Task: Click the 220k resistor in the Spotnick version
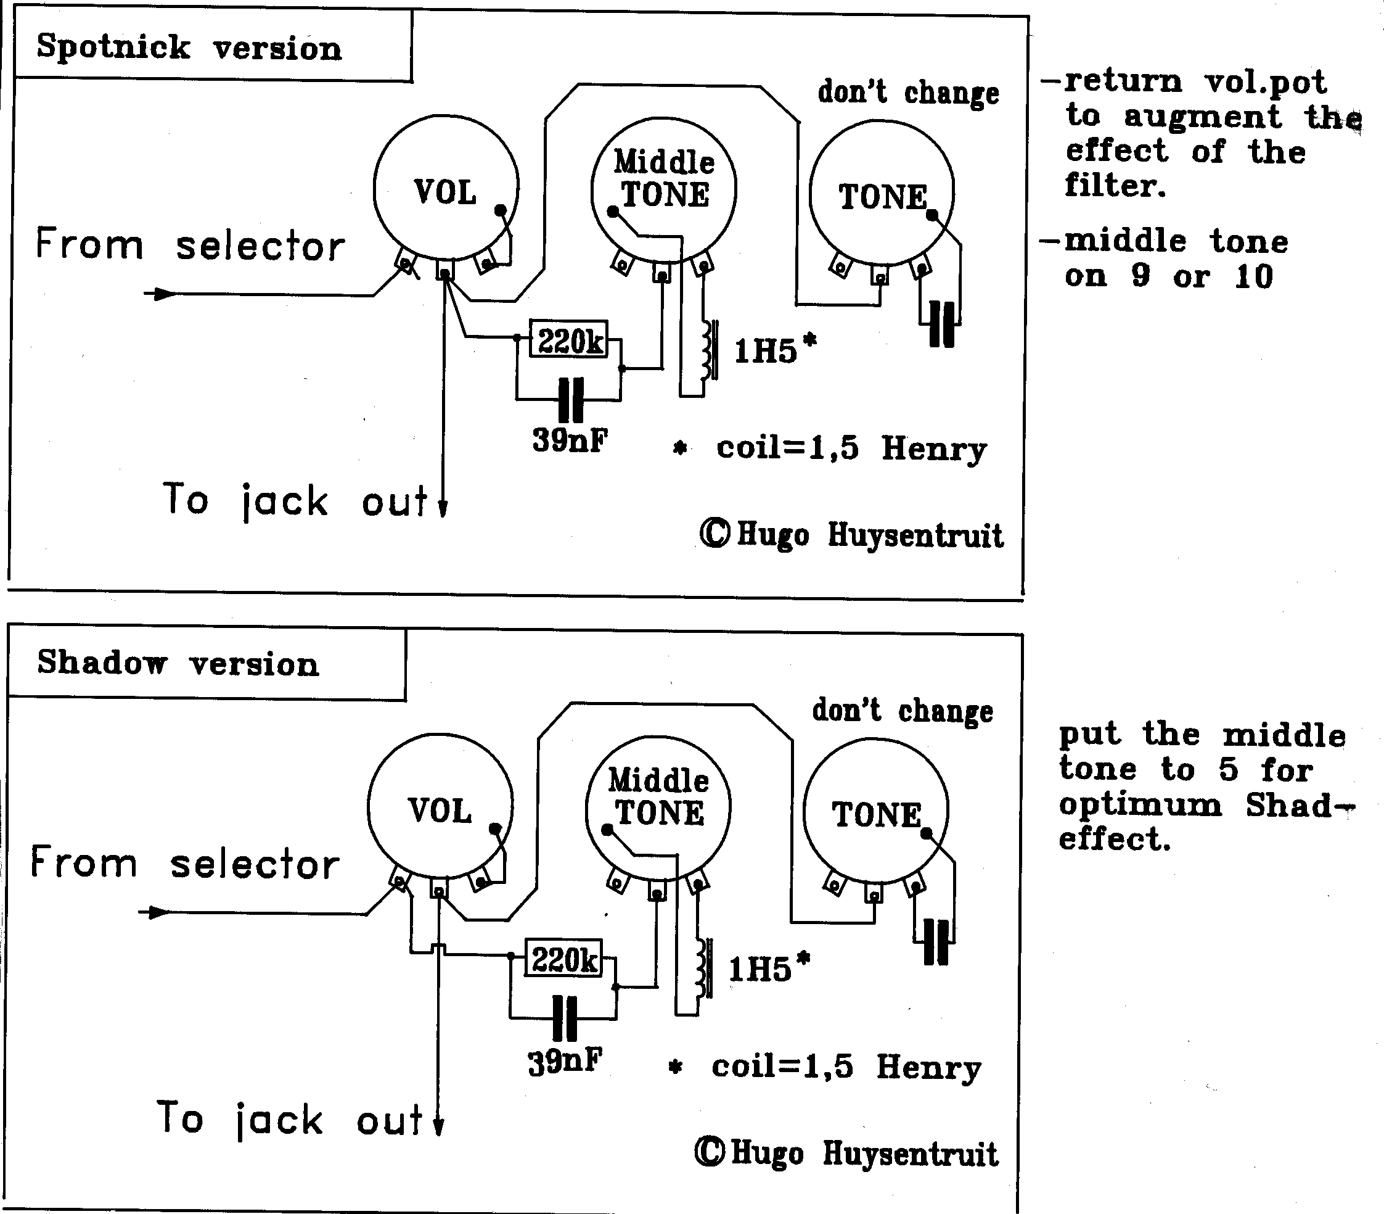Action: pos(569,340)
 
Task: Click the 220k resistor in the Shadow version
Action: pos(563,959)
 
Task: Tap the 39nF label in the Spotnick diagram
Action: pos(570,440)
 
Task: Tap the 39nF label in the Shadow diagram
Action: pos(565,1060)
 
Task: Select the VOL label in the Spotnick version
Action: pos(445,192)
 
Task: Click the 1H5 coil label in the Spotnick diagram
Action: pos(766,351)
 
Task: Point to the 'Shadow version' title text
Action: pos(178,663)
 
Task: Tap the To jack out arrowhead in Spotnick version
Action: pos(443,508)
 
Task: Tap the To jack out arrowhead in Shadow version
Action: pos(438,1126)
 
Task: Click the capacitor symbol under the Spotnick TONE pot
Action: pos(942,324)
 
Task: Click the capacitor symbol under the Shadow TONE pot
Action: pos(936,942)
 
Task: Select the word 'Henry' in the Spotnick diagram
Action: pos(934,449)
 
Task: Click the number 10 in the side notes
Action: pos(1253,276)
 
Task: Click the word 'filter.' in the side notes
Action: pos(1115,186)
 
